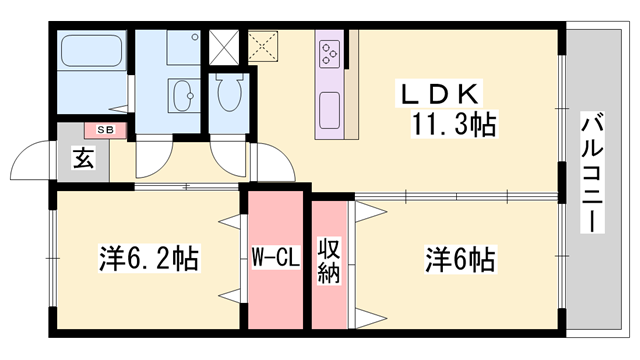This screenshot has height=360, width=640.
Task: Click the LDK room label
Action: tap(439, 93)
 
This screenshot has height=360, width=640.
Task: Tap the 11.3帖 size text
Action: tap(454, 124)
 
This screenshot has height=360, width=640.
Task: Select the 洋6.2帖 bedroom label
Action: tap(149, 258)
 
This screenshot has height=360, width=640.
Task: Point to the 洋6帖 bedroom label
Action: tap(460, 259)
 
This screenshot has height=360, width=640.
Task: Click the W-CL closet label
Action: tap(276, 257)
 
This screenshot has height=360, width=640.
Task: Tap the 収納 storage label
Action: tap(329, 260)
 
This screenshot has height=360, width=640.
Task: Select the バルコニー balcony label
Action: tap(592, 173)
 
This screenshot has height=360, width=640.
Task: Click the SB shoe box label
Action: tap(105, 130)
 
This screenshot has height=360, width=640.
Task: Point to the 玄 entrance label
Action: tap(84, 158)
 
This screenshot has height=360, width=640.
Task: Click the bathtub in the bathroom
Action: tap(92, 51)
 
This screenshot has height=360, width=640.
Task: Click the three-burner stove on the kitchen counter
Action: tap(330, 53)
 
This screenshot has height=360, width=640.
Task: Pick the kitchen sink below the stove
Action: tap(329, 110)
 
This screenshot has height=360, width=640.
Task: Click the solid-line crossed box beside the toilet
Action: tap(224, 47)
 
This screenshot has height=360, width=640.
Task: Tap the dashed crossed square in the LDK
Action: tap(263, 46)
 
